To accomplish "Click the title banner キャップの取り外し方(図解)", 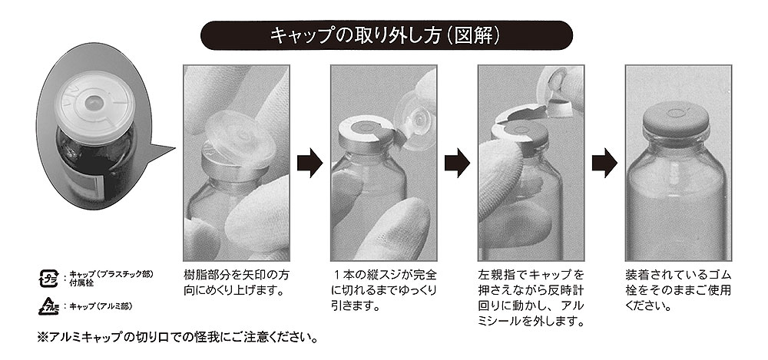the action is [386, 35].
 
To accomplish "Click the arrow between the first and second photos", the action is [310, 162].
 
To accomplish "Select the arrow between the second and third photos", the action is [457, 162].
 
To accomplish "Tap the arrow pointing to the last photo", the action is [604, 162].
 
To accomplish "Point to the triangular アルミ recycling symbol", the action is [48, 306].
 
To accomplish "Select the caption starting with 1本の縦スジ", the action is [383, 289].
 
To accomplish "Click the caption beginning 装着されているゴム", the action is [678, 289].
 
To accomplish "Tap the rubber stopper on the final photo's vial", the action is [676, 120].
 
